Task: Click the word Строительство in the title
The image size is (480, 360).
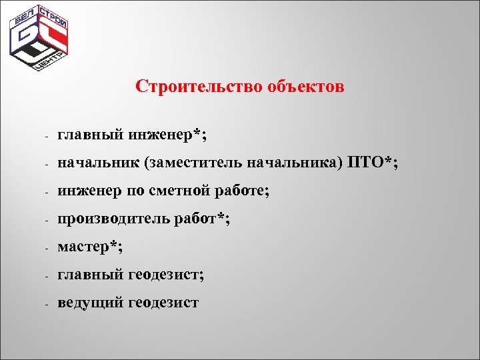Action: pyautogui.click(x=198, y=87)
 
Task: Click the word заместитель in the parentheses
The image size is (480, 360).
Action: pyautogui.click(x=195, y=163)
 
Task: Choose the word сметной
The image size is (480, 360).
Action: pyautogui.click(x=178, y=191)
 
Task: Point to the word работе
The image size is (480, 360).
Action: pyautogui.click(x=241, y=191)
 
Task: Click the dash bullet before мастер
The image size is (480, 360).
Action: pyautogui.click(x=41, y=248)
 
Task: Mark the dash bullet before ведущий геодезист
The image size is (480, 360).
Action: pyautogui.click(x=41, y=304)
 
